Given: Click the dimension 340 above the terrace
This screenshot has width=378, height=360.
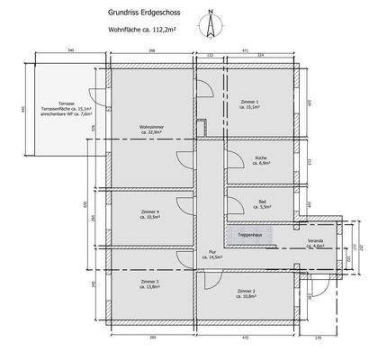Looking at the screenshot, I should click(x=69, y=51).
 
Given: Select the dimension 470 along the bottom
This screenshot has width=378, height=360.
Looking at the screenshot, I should click(x=244, y=337).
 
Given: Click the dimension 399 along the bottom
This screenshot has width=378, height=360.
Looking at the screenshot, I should click(x=149, y=337).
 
